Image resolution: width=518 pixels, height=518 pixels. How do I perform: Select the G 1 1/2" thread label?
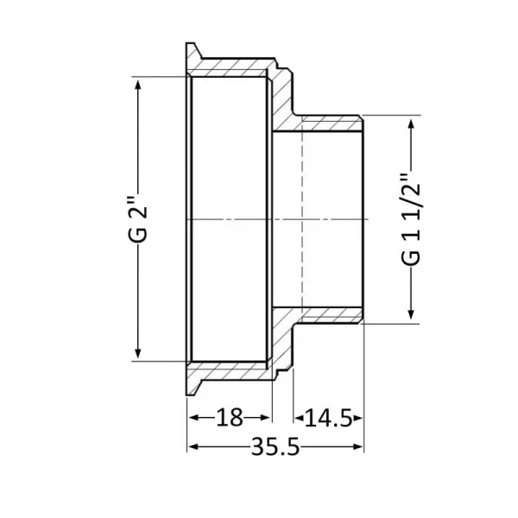(412, 221)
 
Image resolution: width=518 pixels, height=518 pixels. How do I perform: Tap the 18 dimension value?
(229, 419)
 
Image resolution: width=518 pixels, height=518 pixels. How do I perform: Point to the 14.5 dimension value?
(327, 419)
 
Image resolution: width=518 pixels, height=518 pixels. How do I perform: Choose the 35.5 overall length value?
(275, 446)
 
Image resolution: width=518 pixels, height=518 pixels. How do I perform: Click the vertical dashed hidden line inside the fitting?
(301, 219)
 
